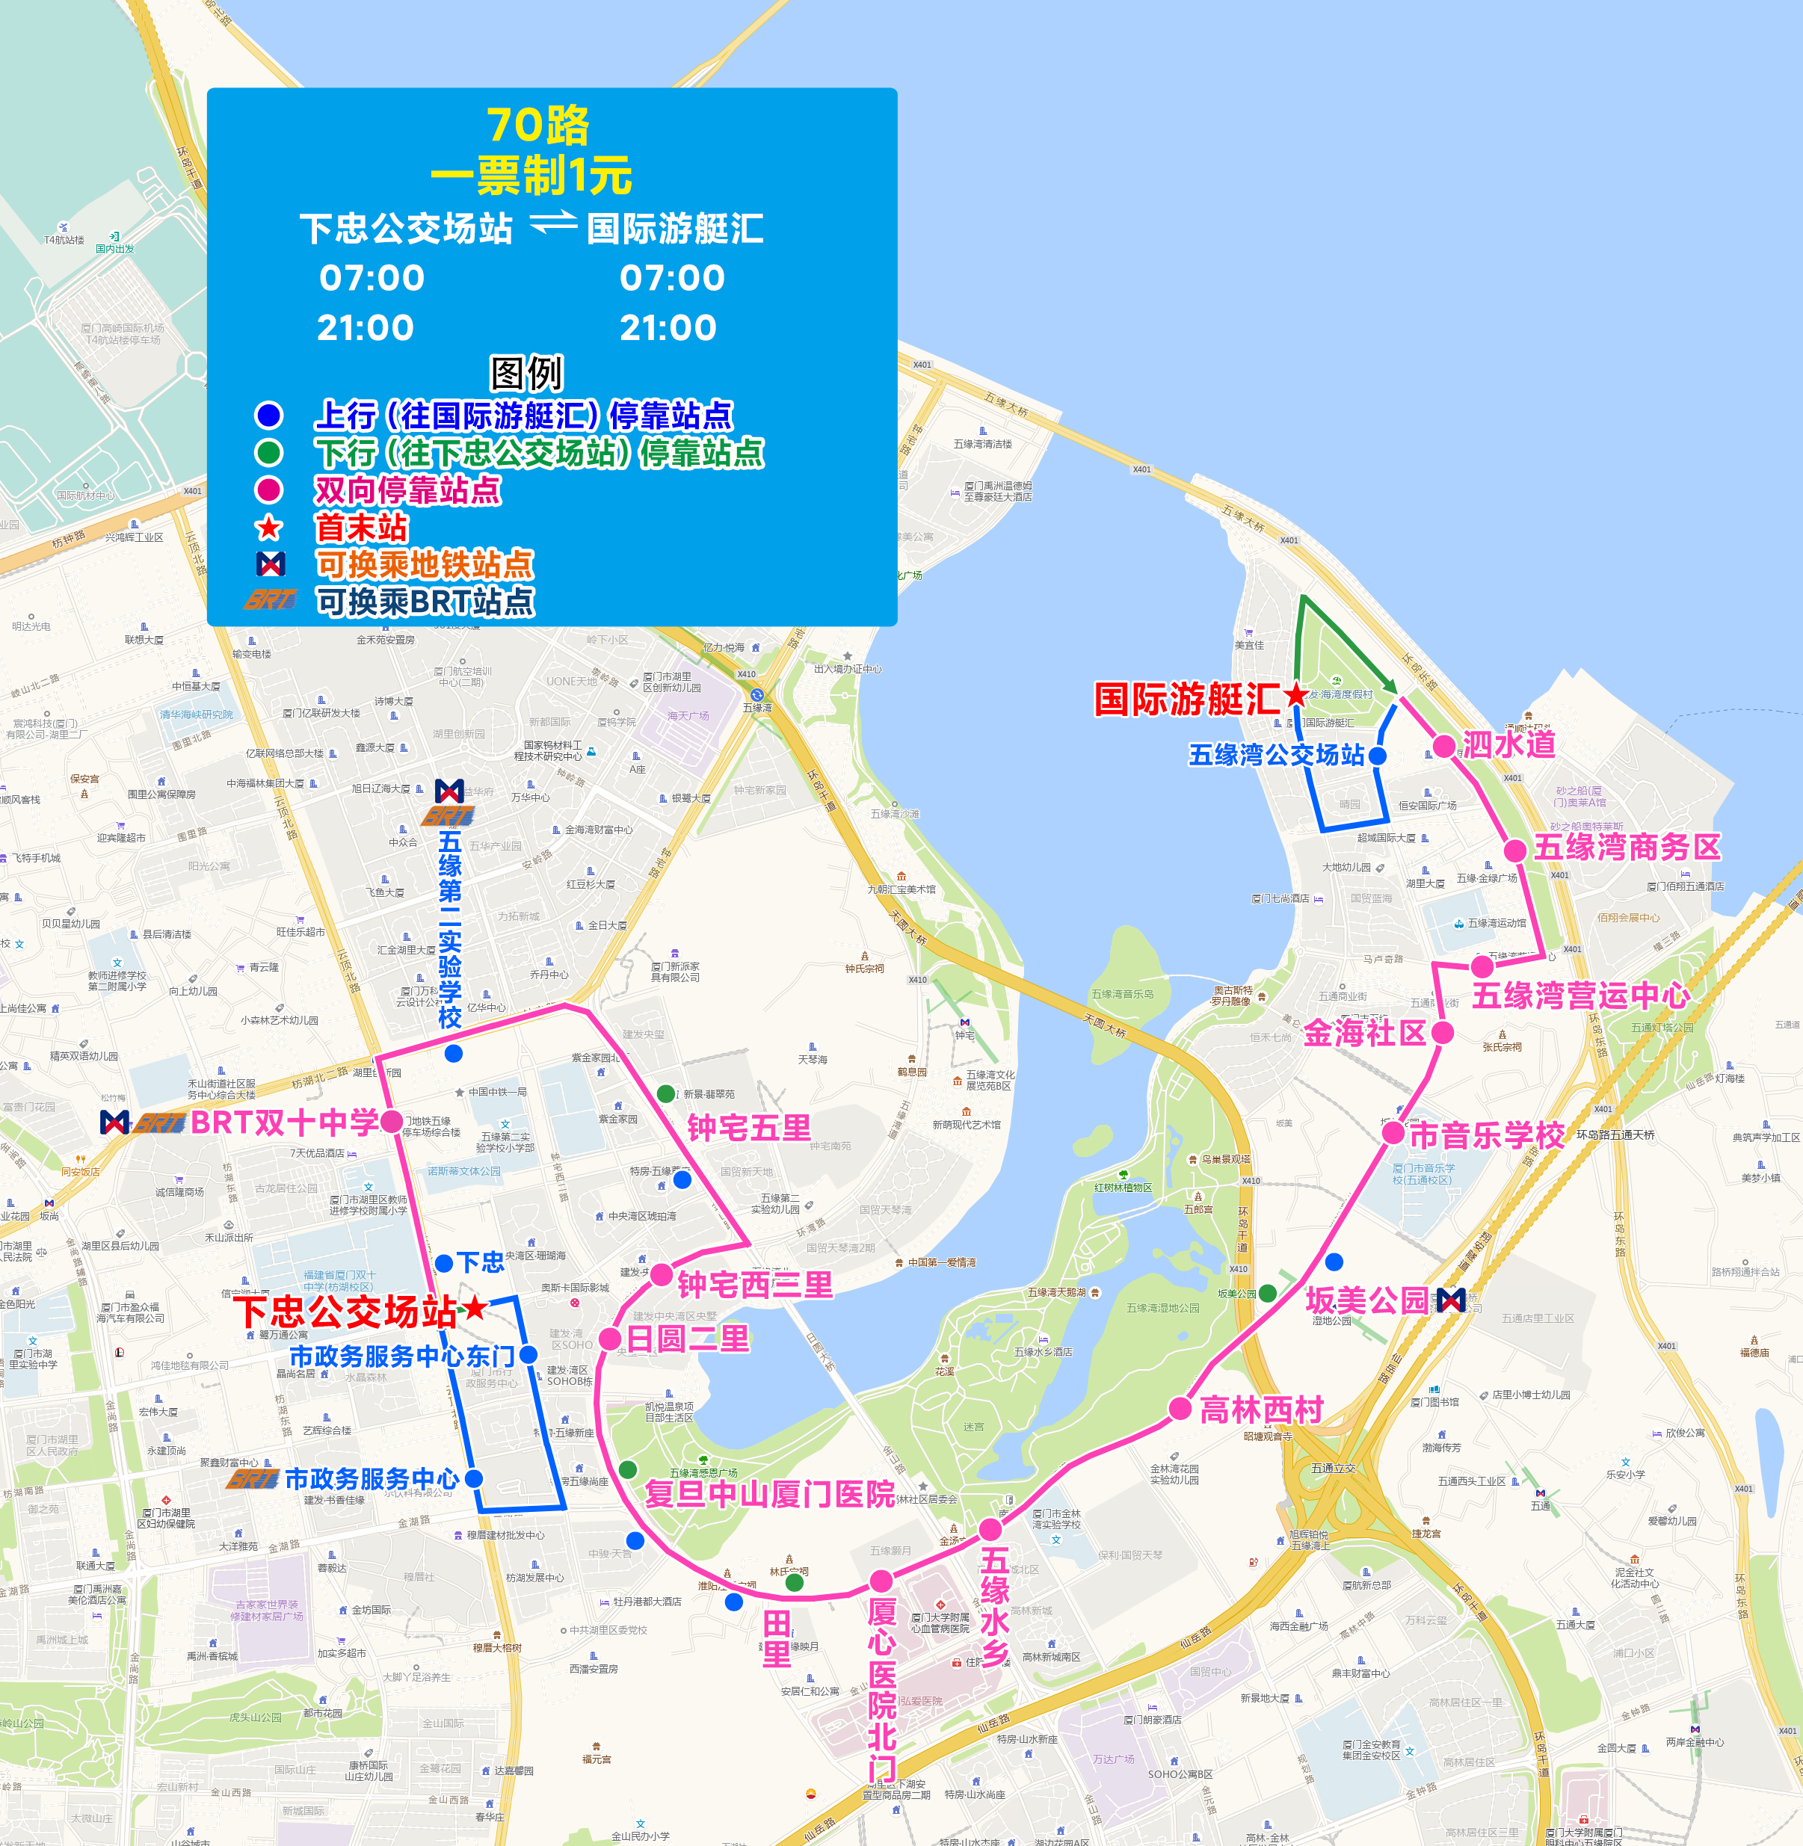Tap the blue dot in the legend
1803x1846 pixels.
(x=269, y=416)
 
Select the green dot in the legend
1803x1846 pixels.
(x=269, y=452)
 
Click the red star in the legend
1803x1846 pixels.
(x=269, y=528)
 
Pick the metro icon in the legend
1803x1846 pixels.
(x=271, y=564)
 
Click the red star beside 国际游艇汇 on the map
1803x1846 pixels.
(x=1296, y=696)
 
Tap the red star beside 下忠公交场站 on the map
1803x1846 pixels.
(x=475, y=1309)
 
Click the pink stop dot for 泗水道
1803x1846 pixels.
(x=1444, y=746)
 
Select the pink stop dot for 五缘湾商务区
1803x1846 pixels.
(x=1515, y=849)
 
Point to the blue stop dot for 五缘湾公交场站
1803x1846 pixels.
(x=1378, y=756)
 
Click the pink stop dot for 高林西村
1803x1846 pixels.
(x=1180, y=1408)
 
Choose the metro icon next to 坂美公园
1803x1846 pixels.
(x=1451, y=1300)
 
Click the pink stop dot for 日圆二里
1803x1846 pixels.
(x=611, y=1338)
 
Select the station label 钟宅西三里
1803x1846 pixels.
(x=755, y=1285)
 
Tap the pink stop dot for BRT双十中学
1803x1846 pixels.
(x=391, y=1122)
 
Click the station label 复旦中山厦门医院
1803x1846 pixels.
(x=769, y=1494)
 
